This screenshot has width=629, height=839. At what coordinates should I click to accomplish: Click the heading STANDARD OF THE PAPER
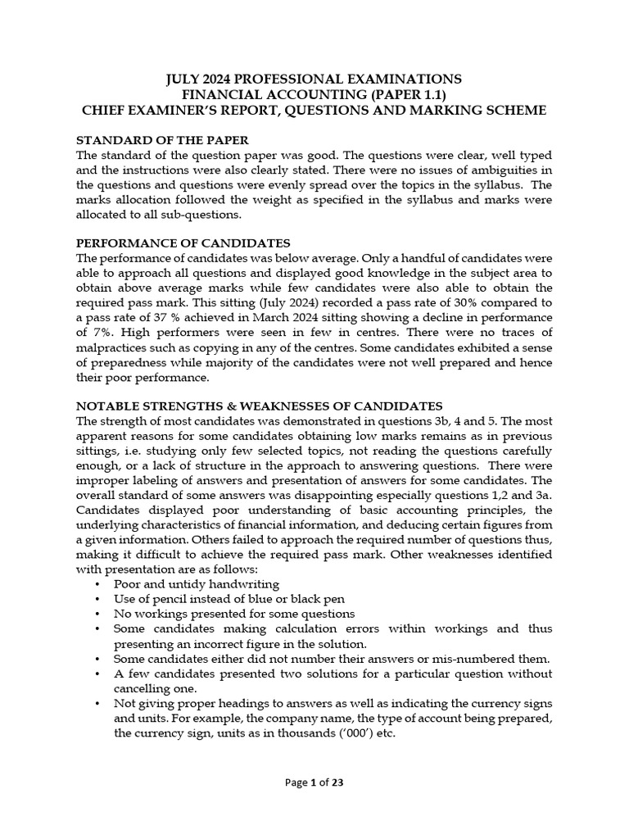(162, 139)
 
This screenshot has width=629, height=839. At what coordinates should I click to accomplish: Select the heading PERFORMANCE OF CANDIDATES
(183, 243)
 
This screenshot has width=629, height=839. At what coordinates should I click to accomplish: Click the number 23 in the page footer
(337, 782)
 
